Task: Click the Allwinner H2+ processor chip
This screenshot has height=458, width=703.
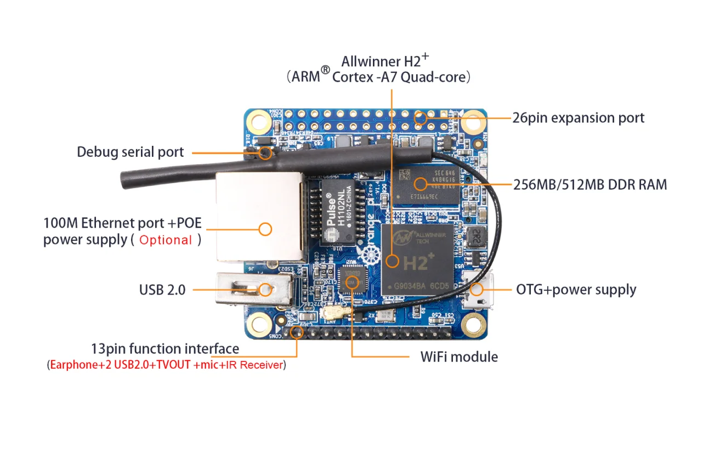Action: pos(419,258)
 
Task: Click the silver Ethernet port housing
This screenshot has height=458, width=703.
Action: pos(258,217)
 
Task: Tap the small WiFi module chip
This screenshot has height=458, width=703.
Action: pos(351,280)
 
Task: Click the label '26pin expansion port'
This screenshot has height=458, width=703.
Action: pos(578,118)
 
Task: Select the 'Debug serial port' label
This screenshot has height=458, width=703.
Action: pos(130,152)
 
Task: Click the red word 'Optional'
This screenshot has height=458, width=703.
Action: pos(166,240)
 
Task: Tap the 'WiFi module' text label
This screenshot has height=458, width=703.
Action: pos(459,357)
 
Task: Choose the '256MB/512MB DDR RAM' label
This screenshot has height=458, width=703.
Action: pos(590,184)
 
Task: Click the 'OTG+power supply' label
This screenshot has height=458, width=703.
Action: pos(576,290)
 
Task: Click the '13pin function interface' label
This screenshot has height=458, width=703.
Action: pos(165,349)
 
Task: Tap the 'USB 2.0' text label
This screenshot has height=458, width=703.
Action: pos(162,290)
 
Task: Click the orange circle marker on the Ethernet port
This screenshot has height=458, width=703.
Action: pos(265,229)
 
